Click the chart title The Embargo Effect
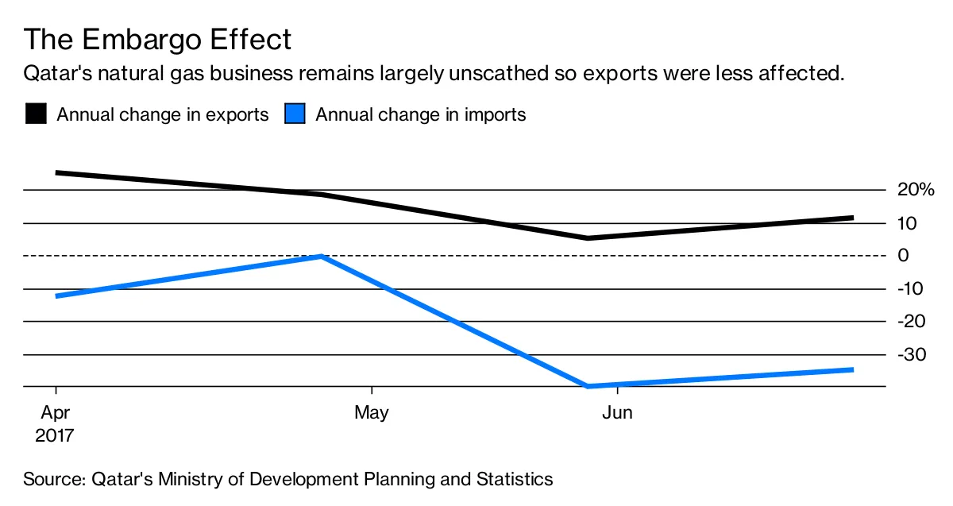[x=157, y=39]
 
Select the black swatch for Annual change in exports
[x=37, y=114]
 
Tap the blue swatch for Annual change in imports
[x=295, y=114]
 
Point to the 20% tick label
[x=916, y=190]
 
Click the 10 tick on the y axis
[x=907, y=223]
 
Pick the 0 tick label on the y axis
[x=902, y=256]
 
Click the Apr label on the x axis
[x=55, y=413]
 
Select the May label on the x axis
[x=371, y=413]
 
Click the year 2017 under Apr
[x=55, y=435]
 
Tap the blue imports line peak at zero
[x=320, y=256]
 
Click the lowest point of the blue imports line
[x=588, y=386]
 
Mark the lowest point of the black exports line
[x=588, y=238]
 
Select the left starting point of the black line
[x=56, y=172]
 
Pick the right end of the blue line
[x=852, y=369]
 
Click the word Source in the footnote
[x=54, y=480]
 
